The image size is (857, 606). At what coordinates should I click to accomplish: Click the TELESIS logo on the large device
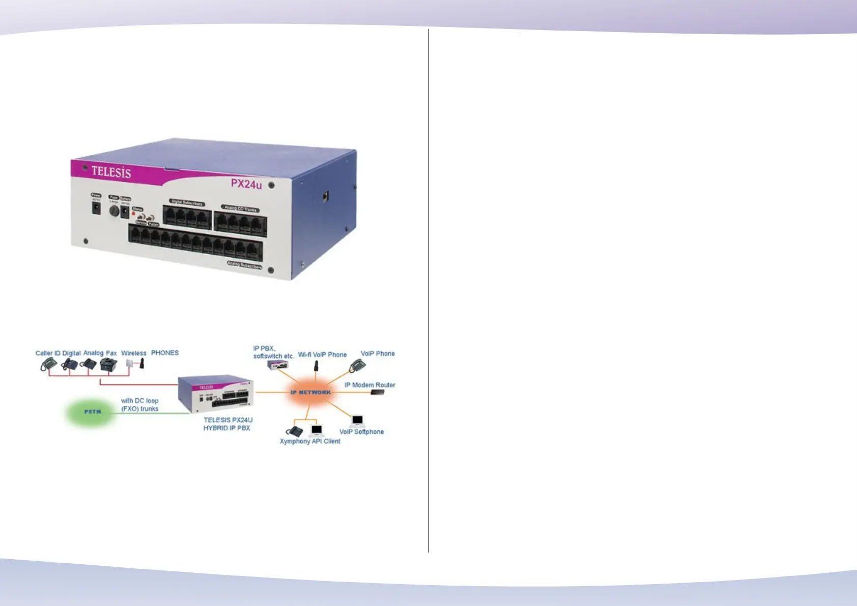pos(111,172)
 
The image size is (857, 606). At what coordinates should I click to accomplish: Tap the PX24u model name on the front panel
pos(246,184)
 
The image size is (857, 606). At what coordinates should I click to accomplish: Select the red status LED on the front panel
pos(133,214)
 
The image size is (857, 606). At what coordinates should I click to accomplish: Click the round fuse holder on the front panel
pos(114,210)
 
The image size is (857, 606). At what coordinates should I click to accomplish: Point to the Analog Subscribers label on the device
pos(244,265)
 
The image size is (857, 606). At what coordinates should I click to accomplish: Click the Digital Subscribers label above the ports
pos(187,203)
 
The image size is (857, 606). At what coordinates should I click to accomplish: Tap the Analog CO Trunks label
pos(241,208)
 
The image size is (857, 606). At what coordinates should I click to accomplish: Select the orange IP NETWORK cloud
pos(310,392)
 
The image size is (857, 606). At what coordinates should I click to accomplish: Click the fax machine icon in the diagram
pos(108,364)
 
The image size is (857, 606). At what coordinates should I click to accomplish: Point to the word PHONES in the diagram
pos(165,352)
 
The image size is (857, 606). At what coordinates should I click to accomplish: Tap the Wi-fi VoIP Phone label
pos(322,354)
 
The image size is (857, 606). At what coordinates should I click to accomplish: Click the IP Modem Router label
pos(370,385)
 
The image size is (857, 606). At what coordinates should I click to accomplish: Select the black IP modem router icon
pos(377,393)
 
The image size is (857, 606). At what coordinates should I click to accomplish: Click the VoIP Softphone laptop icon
pos(358,421)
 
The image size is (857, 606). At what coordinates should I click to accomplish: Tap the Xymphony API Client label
pos(310,441)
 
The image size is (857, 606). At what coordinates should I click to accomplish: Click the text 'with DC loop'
pos(139,401)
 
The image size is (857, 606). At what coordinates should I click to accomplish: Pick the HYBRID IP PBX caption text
pos(227,428)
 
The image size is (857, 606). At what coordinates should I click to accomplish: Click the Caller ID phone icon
pos(49,365)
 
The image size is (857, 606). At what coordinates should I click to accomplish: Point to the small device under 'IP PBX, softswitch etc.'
pos(278,364)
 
